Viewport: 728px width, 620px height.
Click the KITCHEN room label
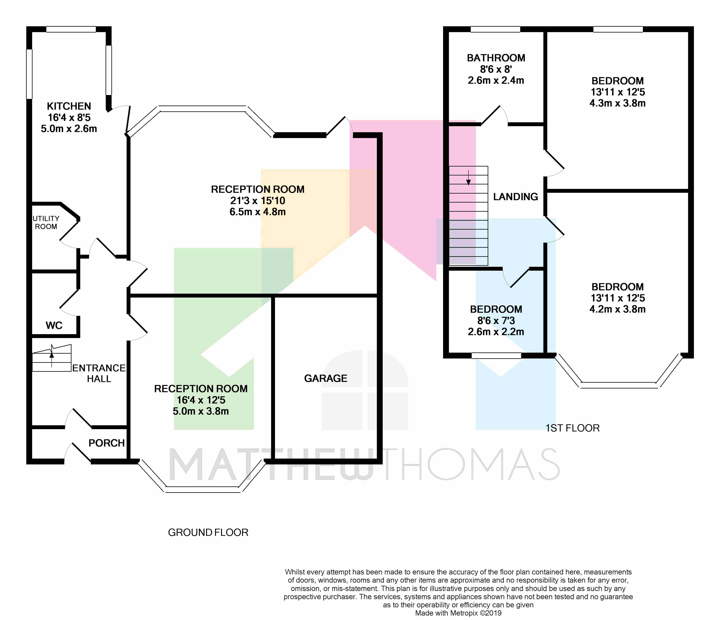[69, 106]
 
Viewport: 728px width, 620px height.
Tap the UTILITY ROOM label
[46, 222]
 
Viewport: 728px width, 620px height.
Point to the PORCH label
[107, 443]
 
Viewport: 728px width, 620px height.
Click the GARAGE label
[326, 378]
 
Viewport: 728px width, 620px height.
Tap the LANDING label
[516, 197]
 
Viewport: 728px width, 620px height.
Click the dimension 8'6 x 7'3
[496, 320]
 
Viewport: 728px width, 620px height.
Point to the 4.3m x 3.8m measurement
[617, 103]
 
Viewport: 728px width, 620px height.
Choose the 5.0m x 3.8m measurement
[201, 411]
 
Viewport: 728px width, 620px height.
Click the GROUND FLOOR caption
[208, 533]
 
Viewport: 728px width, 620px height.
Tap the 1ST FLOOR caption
[572, 428]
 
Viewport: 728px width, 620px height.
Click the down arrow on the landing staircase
[468, 177]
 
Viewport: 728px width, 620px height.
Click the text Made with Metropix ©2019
[458, 613]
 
